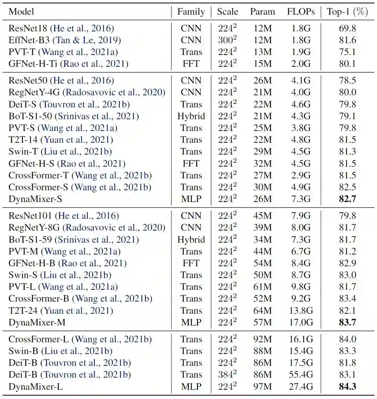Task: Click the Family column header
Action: coord(191,12)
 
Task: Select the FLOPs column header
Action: coord(301,12)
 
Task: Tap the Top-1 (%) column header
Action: coord(347,12)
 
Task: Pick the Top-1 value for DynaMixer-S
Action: coord(347,199)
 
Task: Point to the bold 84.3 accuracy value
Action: coord(347,387)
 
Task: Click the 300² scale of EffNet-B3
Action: coord(227,40)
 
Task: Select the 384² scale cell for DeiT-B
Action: coord(227,374)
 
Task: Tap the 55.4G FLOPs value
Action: coord(301,375)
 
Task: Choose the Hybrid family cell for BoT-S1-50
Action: coord(191,116)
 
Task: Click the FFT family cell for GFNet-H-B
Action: coord(191,263)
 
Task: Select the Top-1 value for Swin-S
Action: coord(347,275)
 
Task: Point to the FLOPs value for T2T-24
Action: coord(301,311)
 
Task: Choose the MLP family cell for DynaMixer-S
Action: coord(191,199)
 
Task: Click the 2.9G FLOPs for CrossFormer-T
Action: coord(301,176)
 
